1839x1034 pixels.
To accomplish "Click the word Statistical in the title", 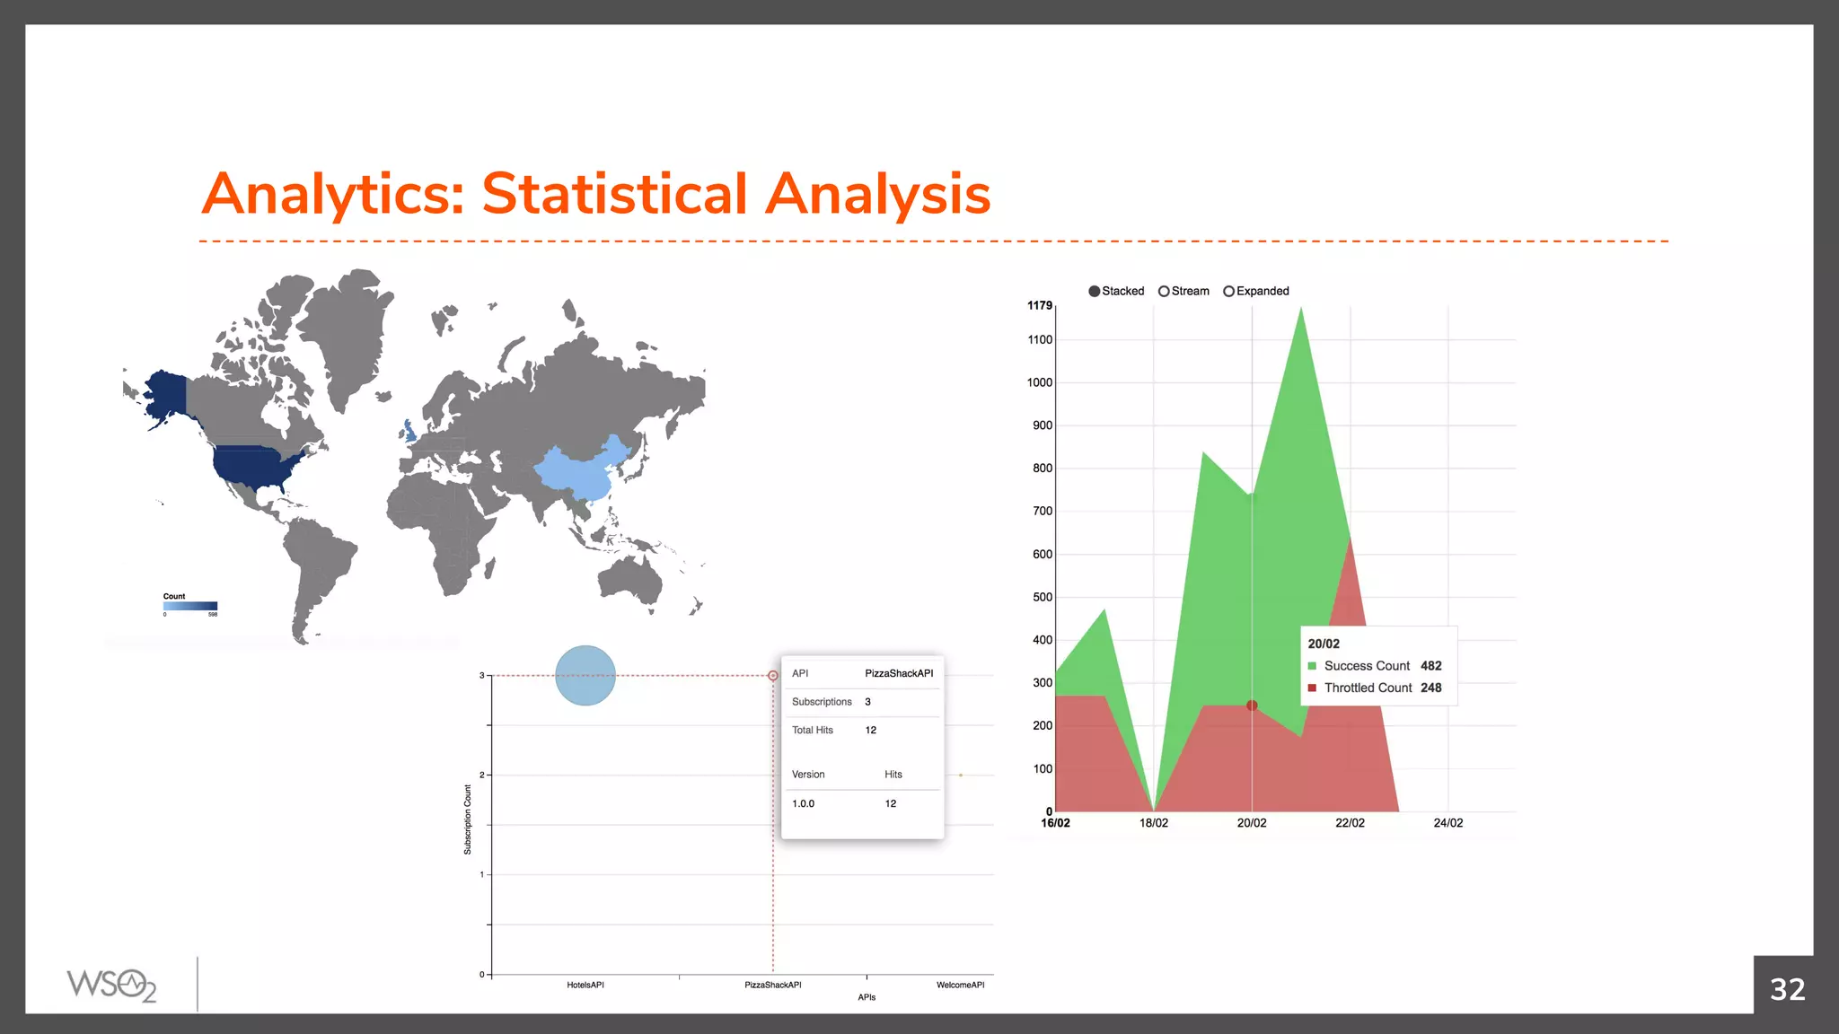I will pyautogui.click(x=614, y=194).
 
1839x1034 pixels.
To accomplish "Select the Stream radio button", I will pyautogui.click(x=1164, y=292).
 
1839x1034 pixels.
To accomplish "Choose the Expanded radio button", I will pyautogui.click(x=1228, y=292).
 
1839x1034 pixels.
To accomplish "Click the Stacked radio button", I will pyautogui.click(x=1094, y=292).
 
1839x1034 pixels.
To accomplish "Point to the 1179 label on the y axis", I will pyautogui.click(x=1039, y=306).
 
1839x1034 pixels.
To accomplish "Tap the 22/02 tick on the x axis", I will pyautogui.click(x=1350, y=823).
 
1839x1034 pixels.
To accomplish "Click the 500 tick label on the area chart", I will pyautogui.click(x=1042, y=598).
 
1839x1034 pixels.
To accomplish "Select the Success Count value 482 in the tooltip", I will pyautogui.click(x=1430, y=666).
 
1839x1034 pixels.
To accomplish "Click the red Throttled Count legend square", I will pyautogui.click(x=1312, y=688).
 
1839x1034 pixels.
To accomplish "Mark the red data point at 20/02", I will pyautogui.click(x=1252, y=705).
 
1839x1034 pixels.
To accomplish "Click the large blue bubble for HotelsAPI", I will pyautogui.click(x=585, y=676).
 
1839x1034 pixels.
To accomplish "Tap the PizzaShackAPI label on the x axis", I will pyautogui.click(x=772, y=986).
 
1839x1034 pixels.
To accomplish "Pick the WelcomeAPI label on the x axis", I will pyautogui.click(x=960, y=986).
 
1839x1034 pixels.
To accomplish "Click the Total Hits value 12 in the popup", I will pyautogui.click(x=870, y=731).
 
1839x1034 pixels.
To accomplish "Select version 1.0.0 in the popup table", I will pyautogui.click(x=803, y=804).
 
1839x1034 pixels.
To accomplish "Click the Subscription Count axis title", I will pyautogui.click(x=468, y=819).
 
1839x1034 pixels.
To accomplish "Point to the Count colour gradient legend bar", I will pyautogui.click(x=190, y=606).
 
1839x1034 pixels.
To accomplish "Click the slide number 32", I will pyautogui.click(x=1787, y=989).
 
